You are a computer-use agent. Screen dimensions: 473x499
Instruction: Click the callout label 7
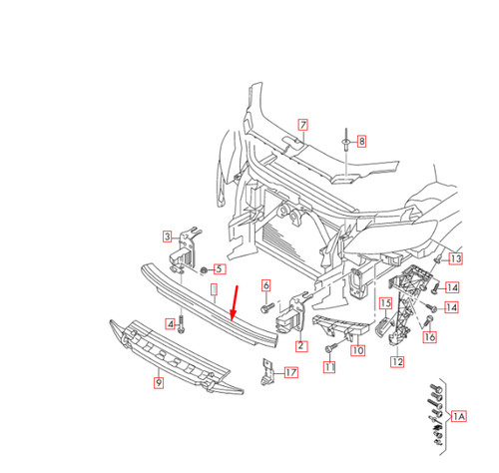tap(303, 125)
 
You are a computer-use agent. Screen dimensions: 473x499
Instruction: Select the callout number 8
tap(361, 142)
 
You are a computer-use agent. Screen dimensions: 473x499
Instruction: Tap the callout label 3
tap(168, 236)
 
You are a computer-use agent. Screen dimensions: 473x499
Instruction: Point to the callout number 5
tap(220, 268)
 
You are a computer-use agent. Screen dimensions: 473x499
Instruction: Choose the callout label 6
tap(266, 285)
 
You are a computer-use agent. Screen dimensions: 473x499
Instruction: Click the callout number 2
tap(300, 346)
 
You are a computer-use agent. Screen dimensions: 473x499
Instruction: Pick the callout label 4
tap(171, 324)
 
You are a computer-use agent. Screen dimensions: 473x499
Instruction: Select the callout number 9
tap(158, 380)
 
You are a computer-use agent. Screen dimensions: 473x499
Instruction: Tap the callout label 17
tap(290, 373)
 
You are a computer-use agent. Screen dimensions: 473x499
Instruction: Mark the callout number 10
tap(358, 350)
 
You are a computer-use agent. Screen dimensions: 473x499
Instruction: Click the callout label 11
tap(328, 366)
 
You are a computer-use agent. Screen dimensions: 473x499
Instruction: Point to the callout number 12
tap(396, 361)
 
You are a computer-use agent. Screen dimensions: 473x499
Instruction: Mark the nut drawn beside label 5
tap(204, 269)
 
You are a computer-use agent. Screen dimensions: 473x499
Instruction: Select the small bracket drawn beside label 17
tap(266, 372)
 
